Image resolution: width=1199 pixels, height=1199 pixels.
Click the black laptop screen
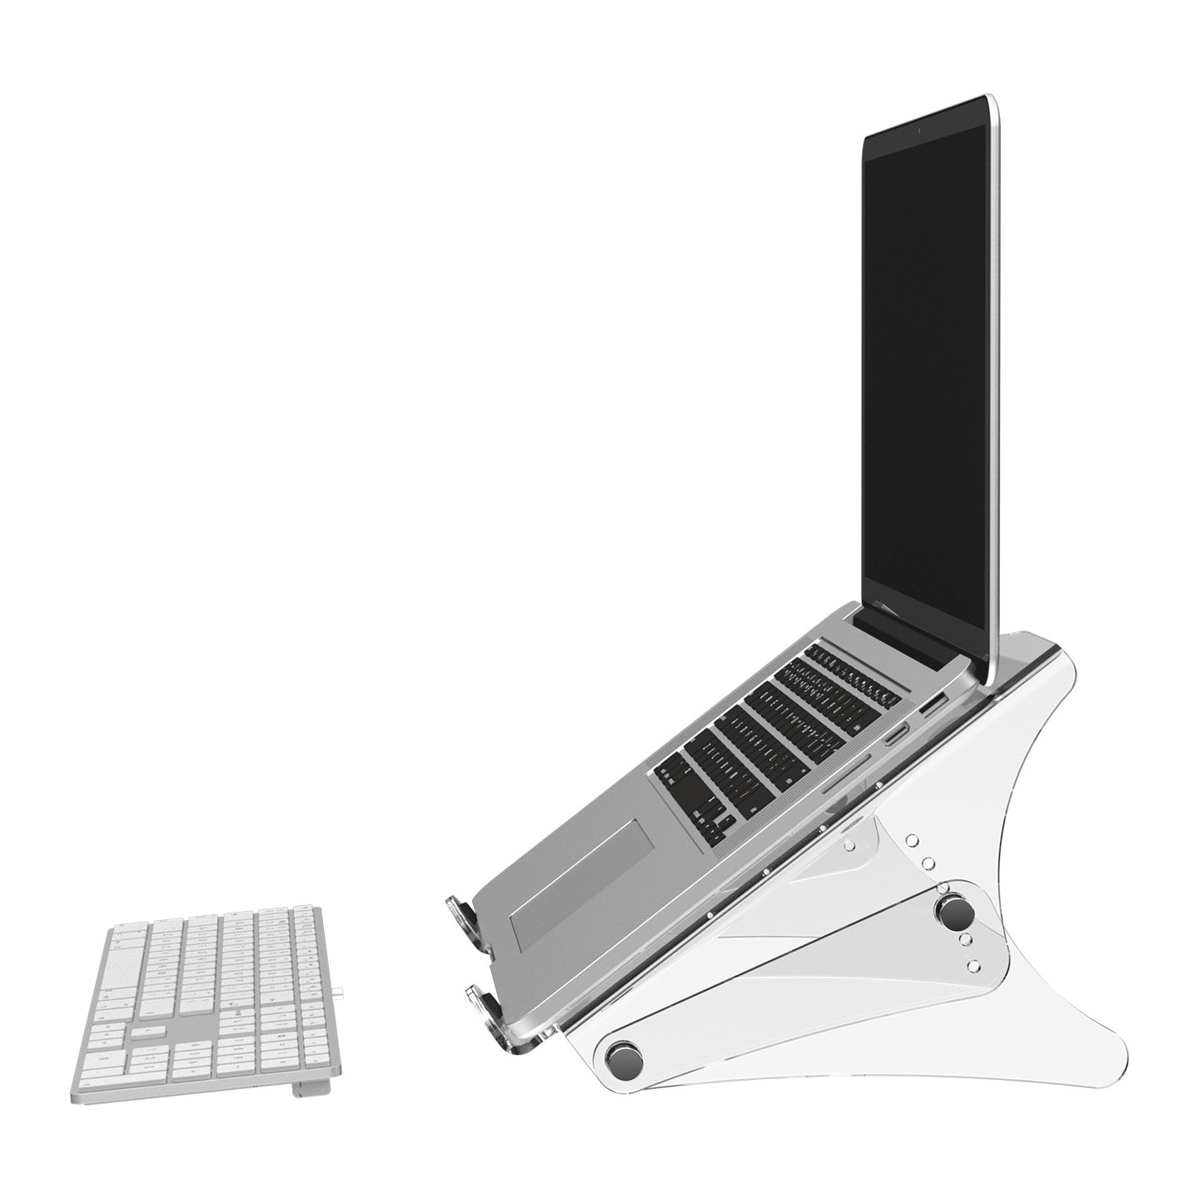[x=924, y=375]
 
